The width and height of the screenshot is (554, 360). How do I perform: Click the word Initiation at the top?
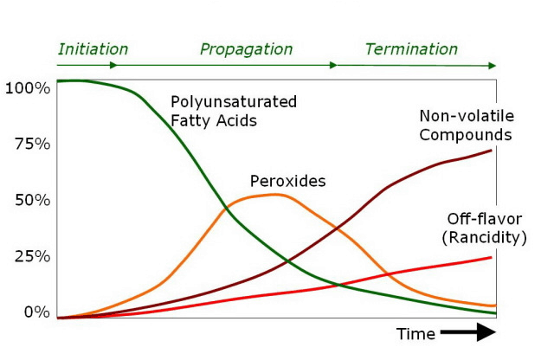93,49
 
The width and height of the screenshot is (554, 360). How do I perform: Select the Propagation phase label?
246,49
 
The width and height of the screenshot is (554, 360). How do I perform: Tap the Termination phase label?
410,49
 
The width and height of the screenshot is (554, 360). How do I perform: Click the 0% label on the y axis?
35,312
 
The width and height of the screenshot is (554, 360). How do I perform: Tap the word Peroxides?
287,181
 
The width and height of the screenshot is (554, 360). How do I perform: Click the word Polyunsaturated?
233,101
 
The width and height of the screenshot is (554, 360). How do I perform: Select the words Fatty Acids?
213,120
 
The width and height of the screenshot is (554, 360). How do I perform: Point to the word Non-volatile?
466,115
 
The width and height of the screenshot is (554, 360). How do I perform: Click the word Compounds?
466,134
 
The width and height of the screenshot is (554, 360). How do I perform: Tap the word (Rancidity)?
483,236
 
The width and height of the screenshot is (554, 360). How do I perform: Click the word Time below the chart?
415,333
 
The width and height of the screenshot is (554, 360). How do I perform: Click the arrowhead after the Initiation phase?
115,65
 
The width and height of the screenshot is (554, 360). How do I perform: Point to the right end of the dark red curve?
491,151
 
